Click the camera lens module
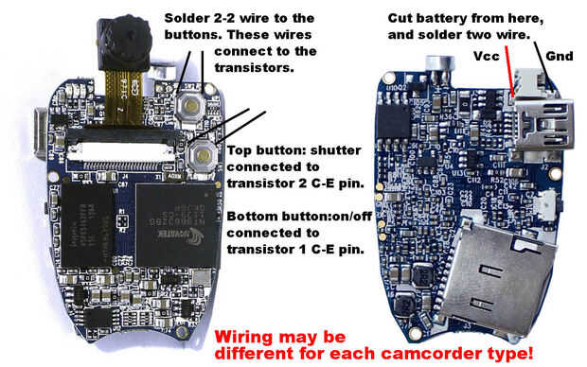123,42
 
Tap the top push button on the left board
190,106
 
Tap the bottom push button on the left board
203,155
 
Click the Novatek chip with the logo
176,225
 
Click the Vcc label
487,56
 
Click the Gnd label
560,56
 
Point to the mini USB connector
543,124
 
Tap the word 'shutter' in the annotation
336,150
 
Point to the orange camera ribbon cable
123,96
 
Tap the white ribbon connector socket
120,152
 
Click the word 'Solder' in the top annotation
184,18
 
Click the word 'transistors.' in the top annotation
254,68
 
